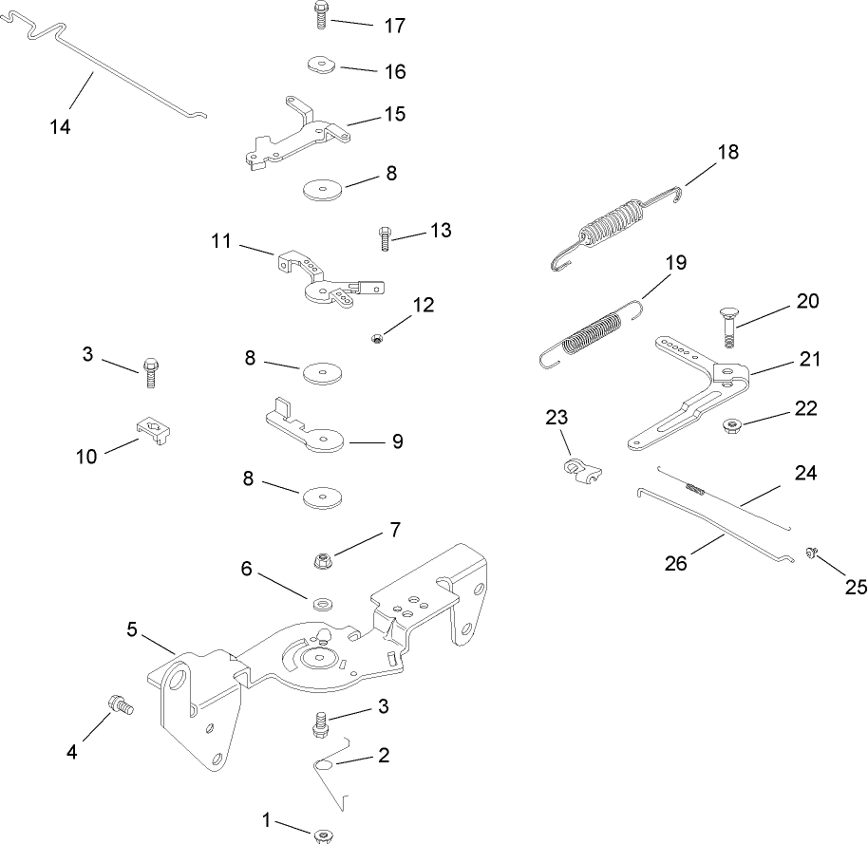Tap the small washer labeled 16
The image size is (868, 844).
pos(320,66)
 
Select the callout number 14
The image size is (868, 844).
pos(60,126)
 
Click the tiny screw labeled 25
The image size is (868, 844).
pos(813,552)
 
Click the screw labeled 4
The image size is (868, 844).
pos(119,704)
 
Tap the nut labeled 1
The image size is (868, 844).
pos(320,835)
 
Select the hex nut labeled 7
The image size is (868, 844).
pos(321,560)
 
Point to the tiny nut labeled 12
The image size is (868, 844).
pos(376,337)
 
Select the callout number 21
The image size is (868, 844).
pos(809,360)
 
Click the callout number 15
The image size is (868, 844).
pos(394,114)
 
